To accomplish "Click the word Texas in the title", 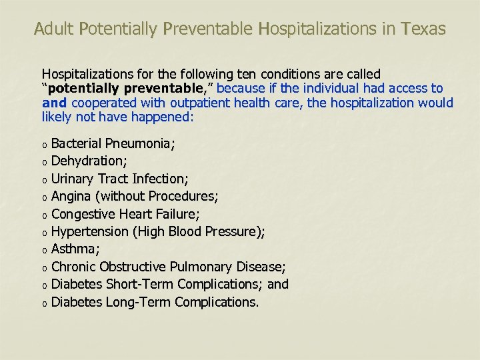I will tap(423, 29).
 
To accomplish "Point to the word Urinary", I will tap(73, 179).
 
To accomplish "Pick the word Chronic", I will tap(73, 267).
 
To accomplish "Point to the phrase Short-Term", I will tap(140, 285).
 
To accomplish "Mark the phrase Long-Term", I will tap(139, 302).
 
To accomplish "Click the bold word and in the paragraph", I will tap(55, 103).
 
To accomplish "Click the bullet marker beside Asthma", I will tap(44, 250).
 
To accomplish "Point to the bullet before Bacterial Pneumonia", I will tap(44, 144).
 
